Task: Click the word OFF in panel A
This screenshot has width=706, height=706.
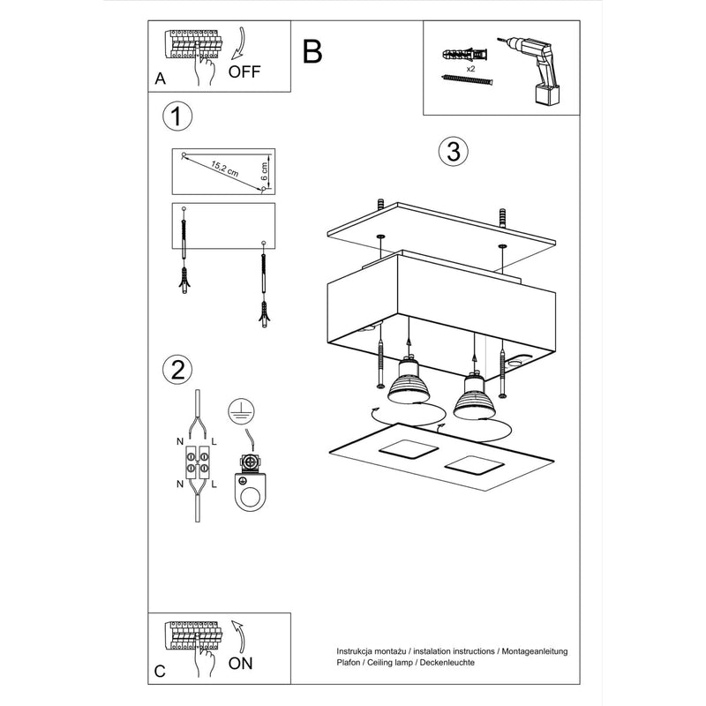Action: coord(244,72)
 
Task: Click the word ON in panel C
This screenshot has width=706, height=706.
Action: coord(244,662)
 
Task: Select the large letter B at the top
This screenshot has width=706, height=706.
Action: coord(312,52)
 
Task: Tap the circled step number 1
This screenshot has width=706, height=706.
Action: coord(177,116)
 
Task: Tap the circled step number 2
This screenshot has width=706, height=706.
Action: coord(177,369)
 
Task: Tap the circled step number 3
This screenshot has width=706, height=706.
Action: coord(452,151)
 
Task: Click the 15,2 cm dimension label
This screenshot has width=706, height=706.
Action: coord(225,168)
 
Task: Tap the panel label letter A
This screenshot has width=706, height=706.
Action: coord(160,79)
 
